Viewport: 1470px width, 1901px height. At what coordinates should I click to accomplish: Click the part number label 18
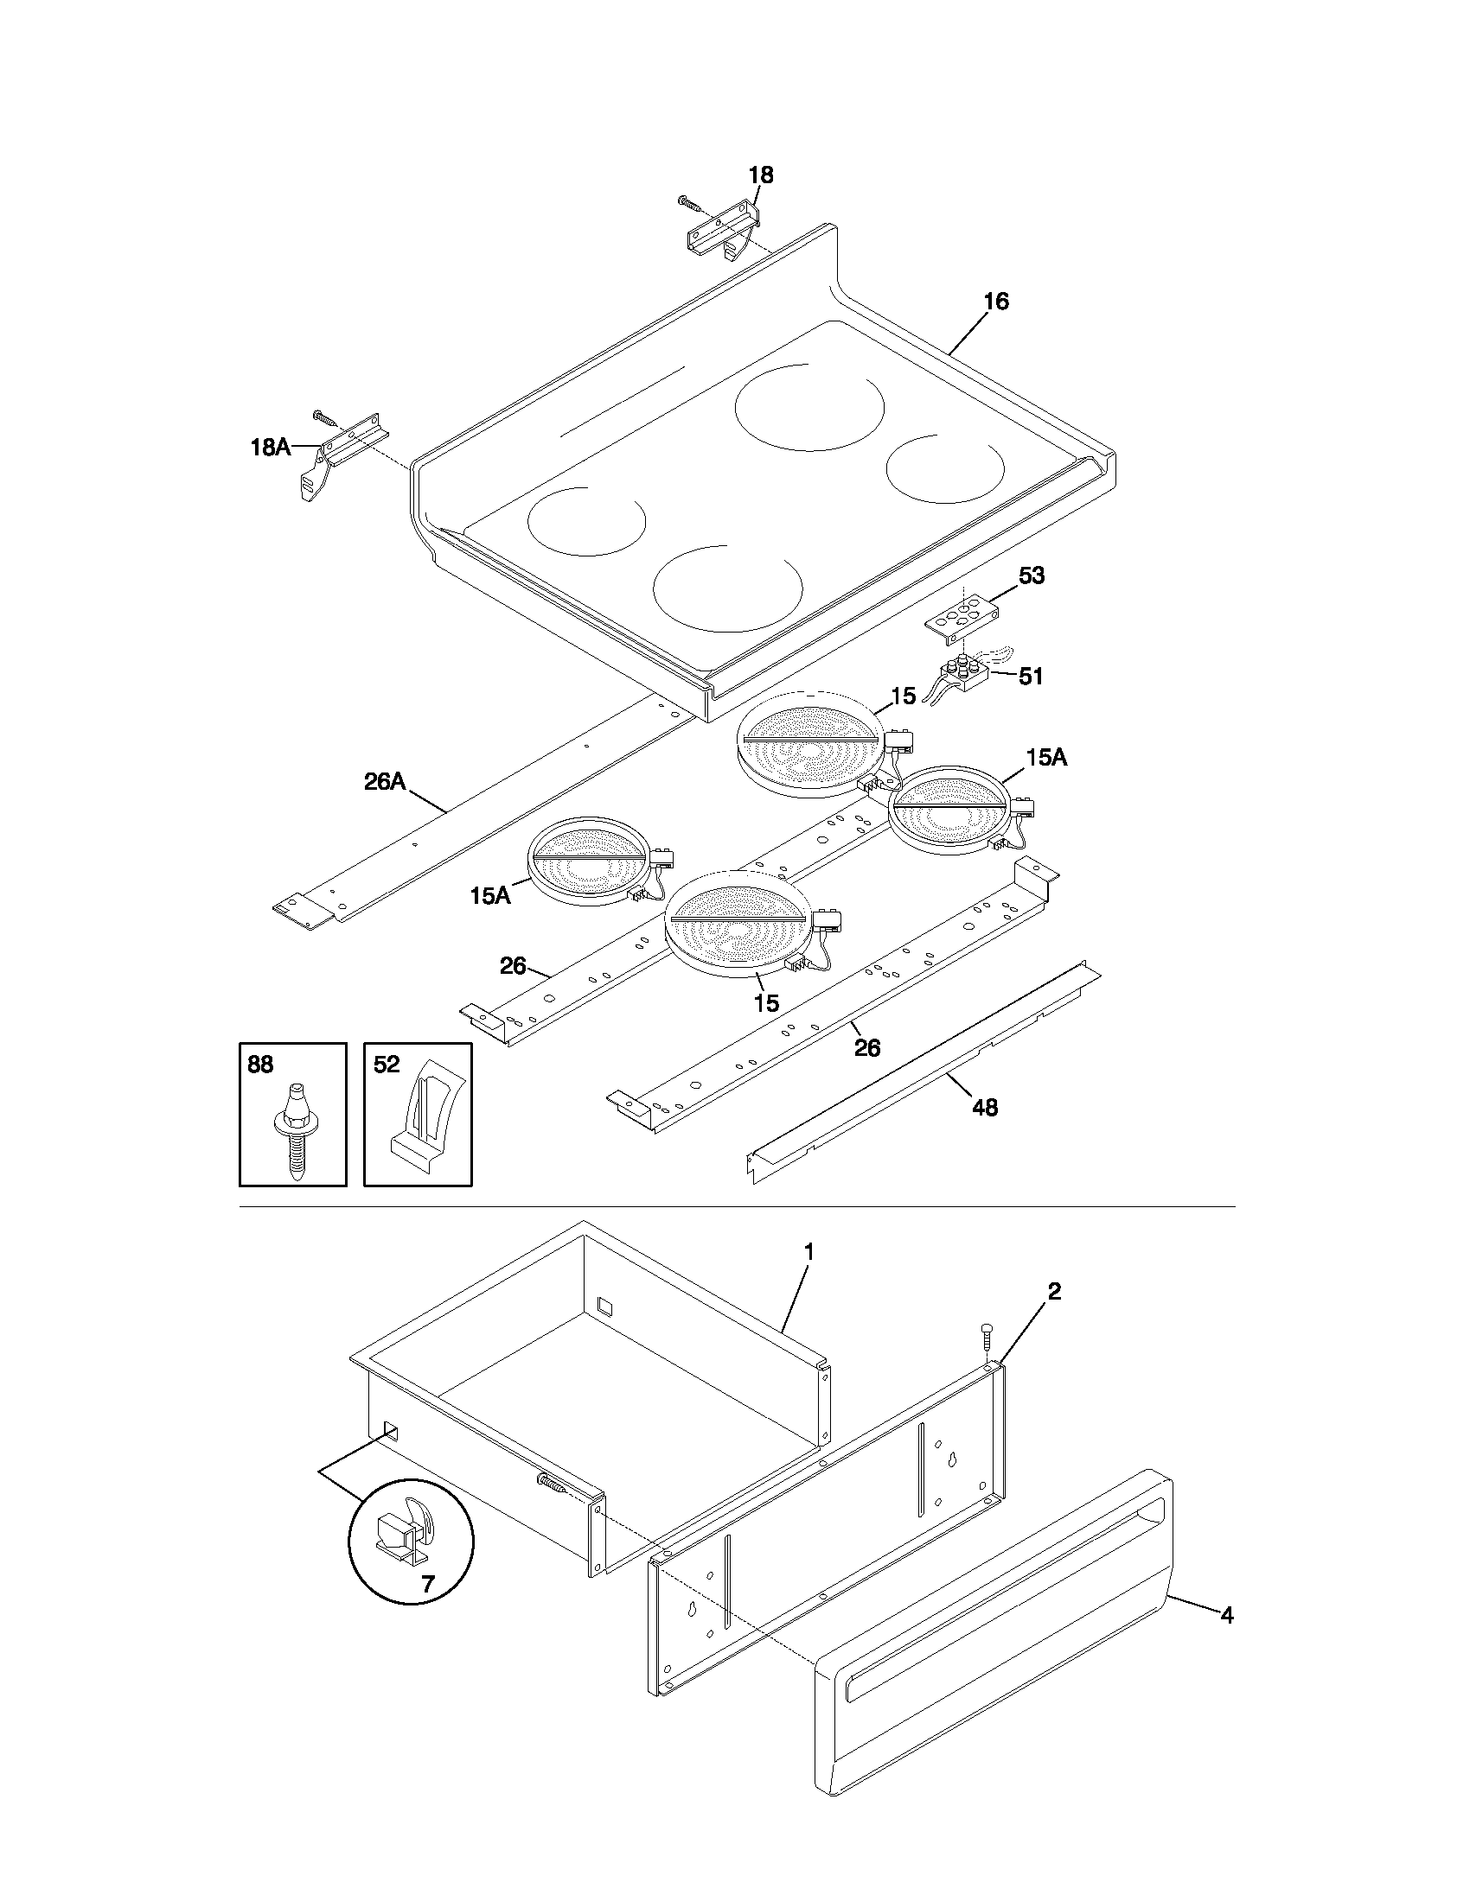[x=760, y=175]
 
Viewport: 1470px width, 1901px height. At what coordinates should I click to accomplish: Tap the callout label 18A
[x=270, y=448]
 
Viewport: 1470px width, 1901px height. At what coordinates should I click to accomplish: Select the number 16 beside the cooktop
[x=996, y=302]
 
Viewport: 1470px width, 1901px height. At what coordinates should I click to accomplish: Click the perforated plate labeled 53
[x=958, y=618]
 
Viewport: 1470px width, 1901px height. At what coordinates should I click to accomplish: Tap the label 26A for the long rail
[x=385, y=781]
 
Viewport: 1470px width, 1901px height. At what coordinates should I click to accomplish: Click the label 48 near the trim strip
[x=984, y=1107]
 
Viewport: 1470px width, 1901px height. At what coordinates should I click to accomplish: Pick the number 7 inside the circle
[x=426, y=1584]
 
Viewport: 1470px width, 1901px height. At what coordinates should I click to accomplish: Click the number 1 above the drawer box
[x=808, y=1253]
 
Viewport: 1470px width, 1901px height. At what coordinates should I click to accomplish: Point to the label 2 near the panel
[x=1054, y=1292]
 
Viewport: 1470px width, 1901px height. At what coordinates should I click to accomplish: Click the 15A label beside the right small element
[x=1046, y=757]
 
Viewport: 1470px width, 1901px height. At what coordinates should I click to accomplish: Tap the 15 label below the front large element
[x=765, y=1002]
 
